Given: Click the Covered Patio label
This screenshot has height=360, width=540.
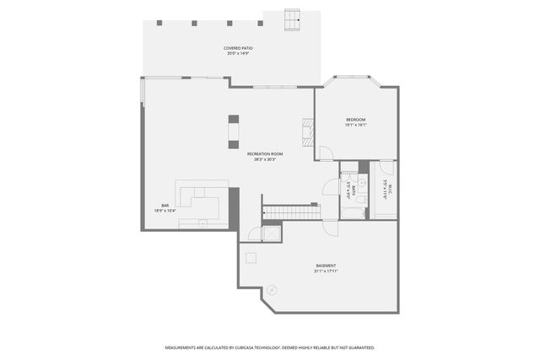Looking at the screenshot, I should click(238, 48).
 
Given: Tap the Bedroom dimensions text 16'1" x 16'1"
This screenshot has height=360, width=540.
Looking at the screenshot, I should click(355, 126).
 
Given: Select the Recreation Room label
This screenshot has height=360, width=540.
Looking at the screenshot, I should click(264, 153).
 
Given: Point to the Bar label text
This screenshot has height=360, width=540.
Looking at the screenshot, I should click(165, 206).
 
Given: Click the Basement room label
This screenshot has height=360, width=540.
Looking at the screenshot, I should click(326, 266).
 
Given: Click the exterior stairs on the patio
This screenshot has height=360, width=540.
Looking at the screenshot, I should click(292, 19).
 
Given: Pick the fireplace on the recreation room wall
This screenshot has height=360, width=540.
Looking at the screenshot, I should click(307, 130).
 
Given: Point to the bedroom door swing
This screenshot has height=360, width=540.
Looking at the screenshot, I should click(324, 154).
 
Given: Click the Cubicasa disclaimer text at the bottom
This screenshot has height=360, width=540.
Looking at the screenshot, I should click(269, 347).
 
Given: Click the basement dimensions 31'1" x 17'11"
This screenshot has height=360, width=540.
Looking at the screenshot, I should click(326, 271).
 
